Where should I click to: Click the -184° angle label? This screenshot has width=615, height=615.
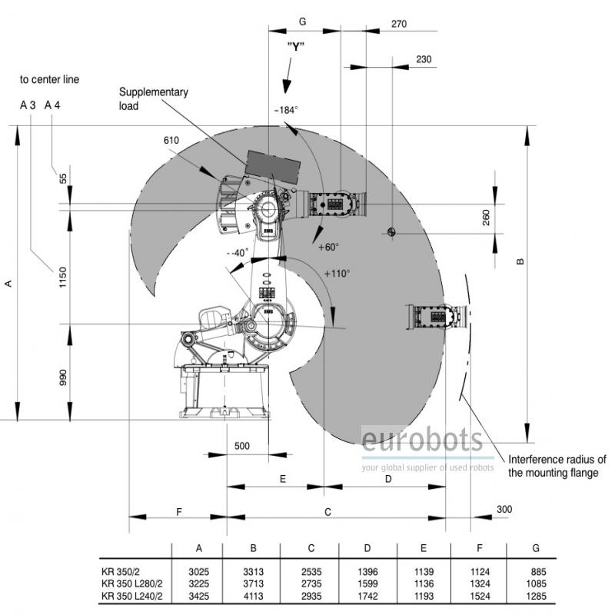[x=285, y=110]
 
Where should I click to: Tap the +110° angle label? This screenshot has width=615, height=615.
[x=337, y=273]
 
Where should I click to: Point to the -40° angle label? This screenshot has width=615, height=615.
[x=238, y=253]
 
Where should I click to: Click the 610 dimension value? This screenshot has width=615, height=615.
[x=171, y=140]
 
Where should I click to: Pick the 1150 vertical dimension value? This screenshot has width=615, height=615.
[x=64, y=278]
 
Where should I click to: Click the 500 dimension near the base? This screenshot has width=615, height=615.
[x=242, y=446]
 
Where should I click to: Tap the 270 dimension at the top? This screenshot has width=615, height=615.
[x=398, y=24]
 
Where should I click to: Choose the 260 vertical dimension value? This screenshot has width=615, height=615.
[x=485, y=218]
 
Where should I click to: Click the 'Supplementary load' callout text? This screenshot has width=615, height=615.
[x=153, y=98]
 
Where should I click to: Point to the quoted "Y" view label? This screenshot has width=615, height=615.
[x=296, y=46]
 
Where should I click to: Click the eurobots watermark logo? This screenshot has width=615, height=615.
[x=422, y=441]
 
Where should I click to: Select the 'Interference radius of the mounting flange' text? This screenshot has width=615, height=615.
[x=557, y=466]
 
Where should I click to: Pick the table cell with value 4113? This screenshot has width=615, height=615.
[x=252, y=595]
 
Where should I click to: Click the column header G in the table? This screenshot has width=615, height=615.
[x=536, y=548]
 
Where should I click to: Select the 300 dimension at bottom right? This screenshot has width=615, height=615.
[x=504, y=509]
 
